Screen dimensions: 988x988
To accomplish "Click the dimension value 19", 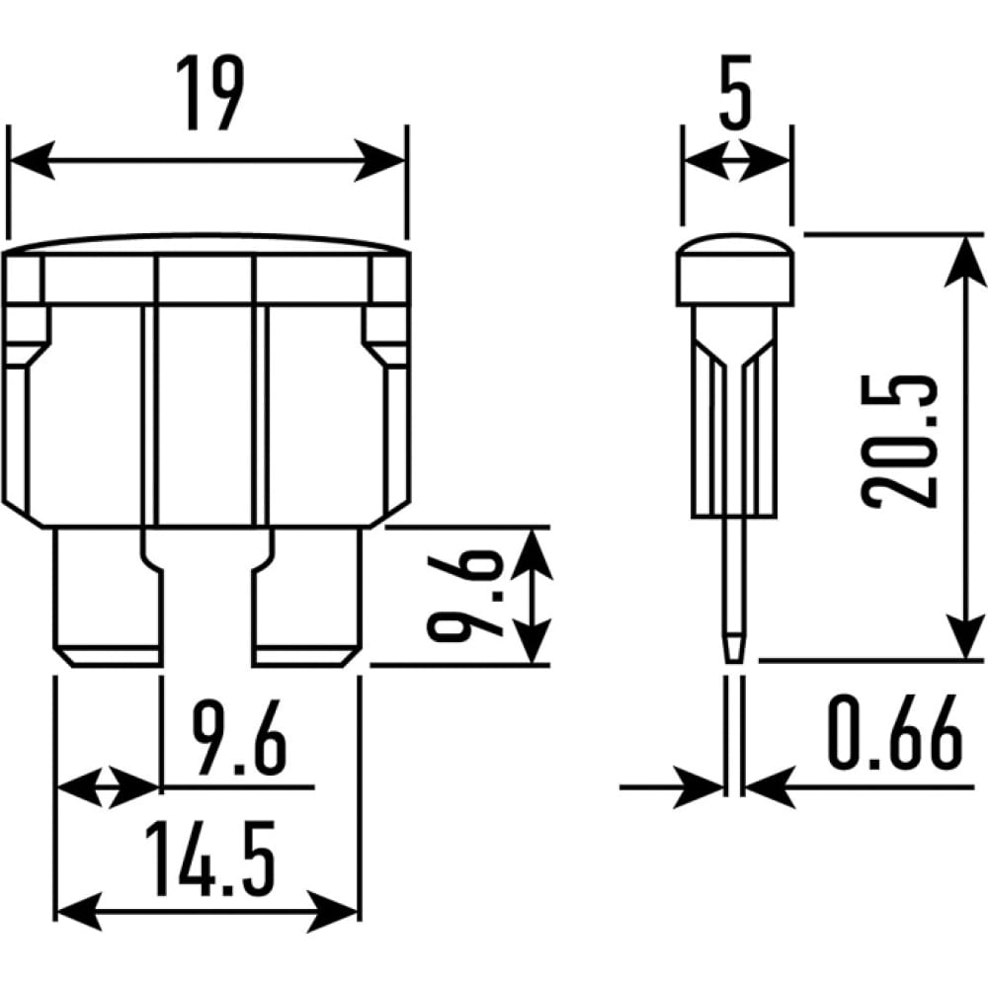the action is (x=209, y=93).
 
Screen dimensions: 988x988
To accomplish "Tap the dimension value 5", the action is (x=736, y=93).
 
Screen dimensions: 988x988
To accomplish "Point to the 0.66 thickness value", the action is (x=895, y=733).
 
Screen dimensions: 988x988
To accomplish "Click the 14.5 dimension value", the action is (x=209, y=859).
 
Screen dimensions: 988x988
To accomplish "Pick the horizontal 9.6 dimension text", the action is (x=239, y=739).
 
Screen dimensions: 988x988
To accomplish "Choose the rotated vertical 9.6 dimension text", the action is (x=465, y=596).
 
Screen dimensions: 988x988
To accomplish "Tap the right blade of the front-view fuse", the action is (x=307, y=597).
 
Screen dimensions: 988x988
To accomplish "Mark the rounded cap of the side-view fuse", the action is (x=735, y=270).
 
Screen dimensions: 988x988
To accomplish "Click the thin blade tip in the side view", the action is (x=733, y=647).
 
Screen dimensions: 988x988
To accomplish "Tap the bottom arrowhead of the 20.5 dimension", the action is (x=964, y=636).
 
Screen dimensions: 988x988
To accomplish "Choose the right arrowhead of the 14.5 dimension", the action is (x=332, y=911).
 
